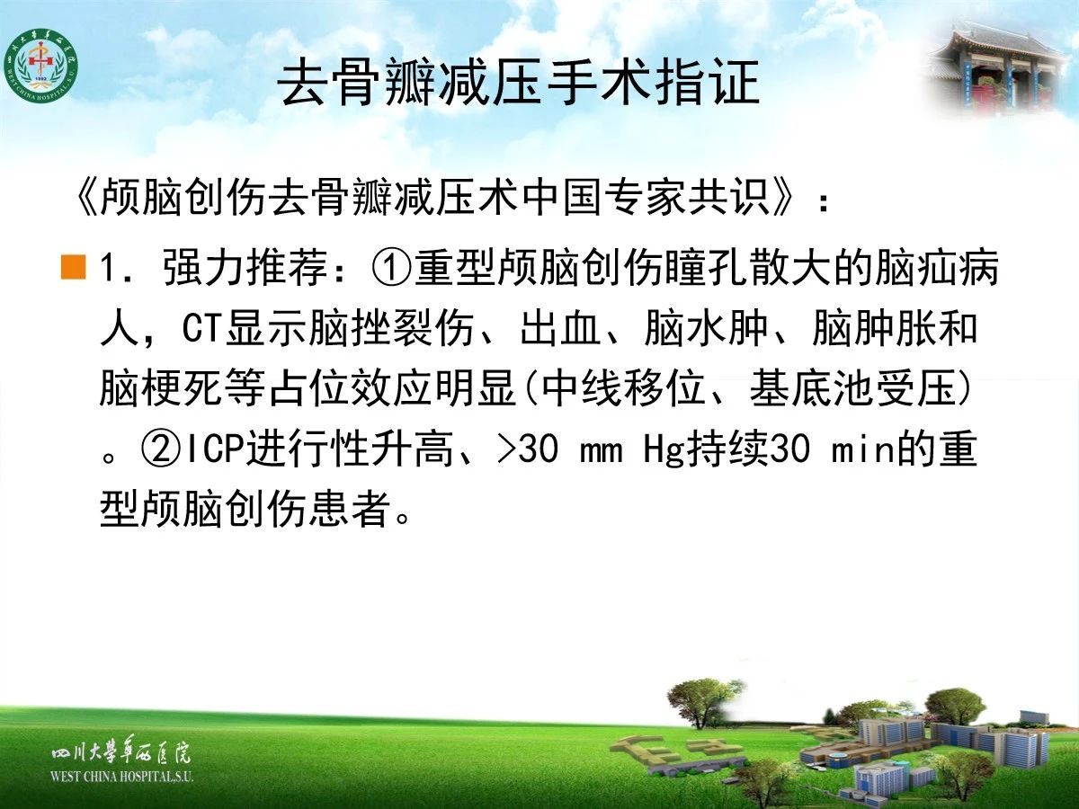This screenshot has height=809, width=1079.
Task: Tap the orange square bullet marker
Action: (73, 267)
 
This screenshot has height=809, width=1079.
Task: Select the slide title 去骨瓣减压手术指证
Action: (519, 83)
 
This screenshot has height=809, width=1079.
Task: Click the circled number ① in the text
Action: (392, 268)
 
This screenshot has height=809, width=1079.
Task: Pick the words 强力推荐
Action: (245, 268)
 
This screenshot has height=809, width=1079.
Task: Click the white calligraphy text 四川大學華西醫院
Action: (120, 752)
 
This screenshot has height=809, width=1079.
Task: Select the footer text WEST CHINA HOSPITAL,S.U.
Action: (121, 777)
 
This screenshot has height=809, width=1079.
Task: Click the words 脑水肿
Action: (706, 328)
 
